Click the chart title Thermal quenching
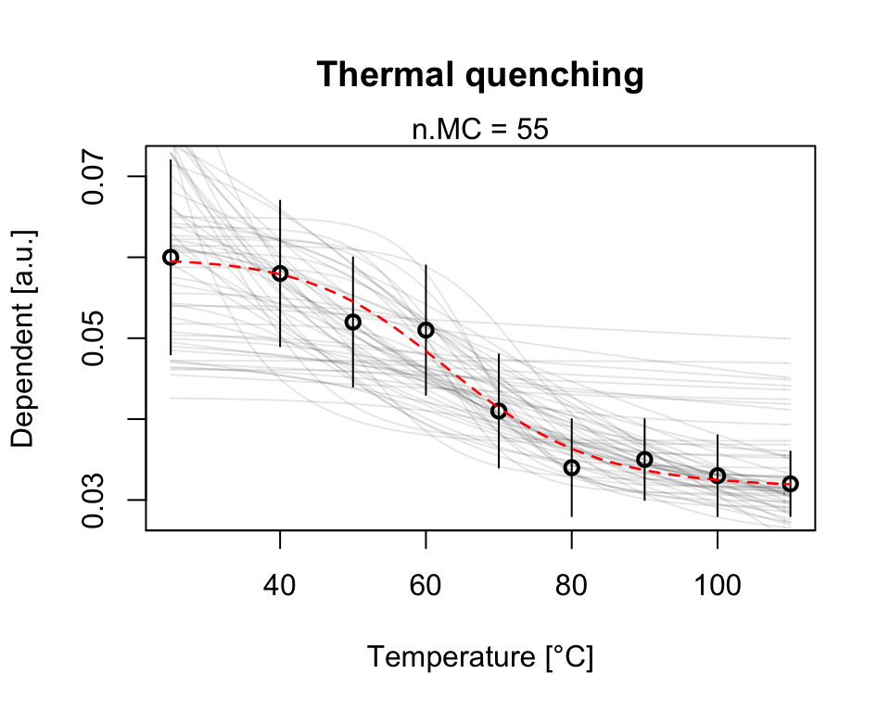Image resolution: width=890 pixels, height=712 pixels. click(480, 75)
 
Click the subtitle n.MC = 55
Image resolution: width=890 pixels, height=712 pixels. click(480, 130)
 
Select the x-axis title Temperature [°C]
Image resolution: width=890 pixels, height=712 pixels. click(480, 657)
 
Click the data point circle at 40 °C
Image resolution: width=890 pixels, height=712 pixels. click(280, 273)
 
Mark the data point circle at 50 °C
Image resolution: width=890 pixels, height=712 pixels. click(352, 322)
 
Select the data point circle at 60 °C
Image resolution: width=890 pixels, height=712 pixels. click(426, 330)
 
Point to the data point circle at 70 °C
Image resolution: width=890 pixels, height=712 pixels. click(499, 411)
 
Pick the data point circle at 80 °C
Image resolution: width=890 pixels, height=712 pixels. click(571, 467)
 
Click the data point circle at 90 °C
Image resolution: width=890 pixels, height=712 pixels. click(644, 459)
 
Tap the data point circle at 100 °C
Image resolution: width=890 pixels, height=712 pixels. click(717, 476)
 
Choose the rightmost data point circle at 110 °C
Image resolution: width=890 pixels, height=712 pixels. click(790, 484)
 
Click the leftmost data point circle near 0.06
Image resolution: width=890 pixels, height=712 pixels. click(171, 257)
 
